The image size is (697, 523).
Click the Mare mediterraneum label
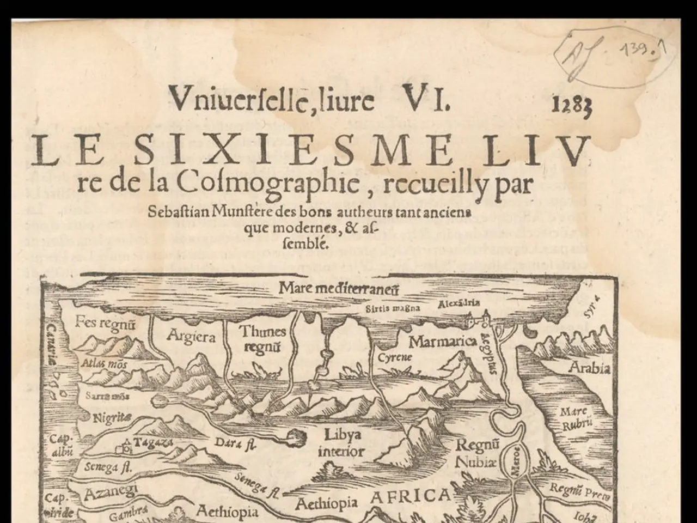332,288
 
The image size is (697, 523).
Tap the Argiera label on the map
191,336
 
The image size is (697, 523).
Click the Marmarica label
443,342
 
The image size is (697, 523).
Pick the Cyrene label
395,358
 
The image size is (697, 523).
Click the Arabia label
589,369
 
